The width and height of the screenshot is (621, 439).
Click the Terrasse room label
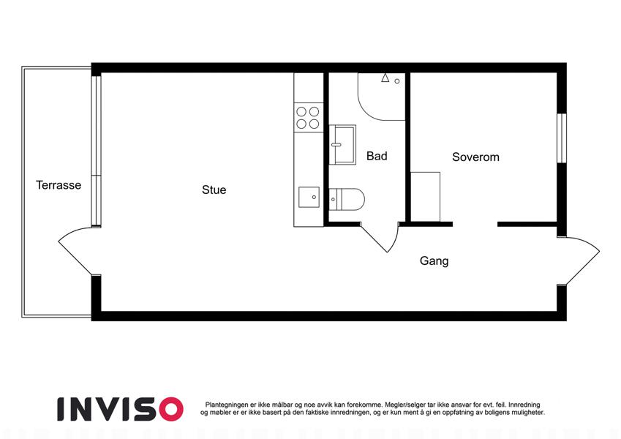[59, 185]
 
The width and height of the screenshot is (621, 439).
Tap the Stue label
[214, 190]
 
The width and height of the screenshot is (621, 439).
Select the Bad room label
[377, 156]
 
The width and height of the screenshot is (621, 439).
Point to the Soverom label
[475, 157]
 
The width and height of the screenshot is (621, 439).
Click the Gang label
[434, 260]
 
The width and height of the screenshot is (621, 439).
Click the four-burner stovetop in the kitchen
[308, 117]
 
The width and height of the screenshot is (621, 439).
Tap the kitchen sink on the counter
[309, 198]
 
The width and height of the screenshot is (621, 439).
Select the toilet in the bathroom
[347, 199]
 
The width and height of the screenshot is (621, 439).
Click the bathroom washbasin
[342, 145]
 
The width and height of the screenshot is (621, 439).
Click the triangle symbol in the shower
[385, 78]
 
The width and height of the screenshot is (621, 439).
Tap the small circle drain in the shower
[397, 81]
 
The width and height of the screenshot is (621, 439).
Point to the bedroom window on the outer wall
[562, 138]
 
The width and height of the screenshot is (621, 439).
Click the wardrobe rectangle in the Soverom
[426, 197]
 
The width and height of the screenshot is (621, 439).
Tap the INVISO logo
[120, 409]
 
